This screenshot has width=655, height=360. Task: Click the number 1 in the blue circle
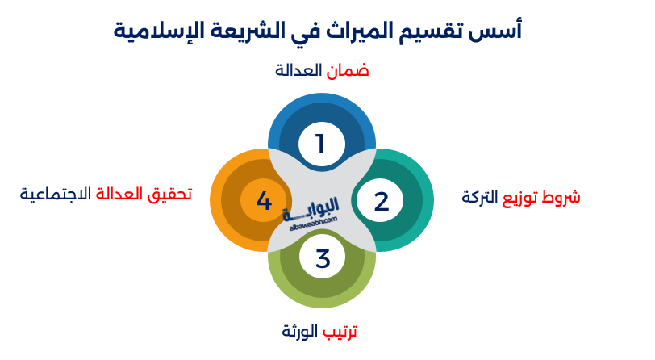320,144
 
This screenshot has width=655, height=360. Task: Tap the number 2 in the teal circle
382,201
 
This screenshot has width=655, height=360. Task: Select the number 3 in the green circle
323,259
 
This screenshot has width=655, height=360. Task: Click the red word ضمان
348,70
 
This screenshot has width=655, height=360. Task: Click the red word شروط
564,197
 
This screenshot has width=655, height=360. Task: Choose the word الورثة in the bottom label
301,331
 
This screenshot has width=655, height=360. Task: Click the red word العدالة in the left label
120,194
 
